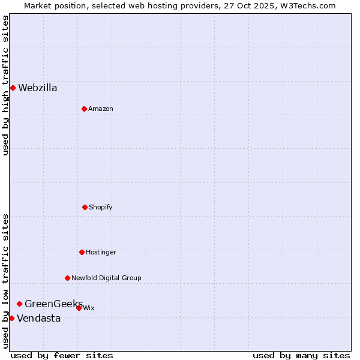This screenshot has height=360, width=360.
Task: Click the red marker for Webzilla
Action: point(13,88)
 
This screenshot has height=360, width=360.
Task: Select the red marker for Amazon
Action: point(84,109)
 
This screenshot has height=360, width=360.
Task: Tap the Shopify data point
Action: point(85,207)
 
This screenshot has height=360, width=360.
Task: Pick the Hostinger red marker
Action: point(82,252)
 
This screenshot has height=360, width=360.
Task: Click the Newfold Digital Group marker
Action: point(67,278)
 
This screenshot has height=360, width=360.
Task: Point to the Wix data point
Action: point(79,308)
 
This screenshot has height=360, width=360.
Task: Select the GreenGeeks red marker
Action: point(19,304)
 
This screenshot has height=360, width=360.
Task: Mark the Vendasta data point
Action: point(11,318)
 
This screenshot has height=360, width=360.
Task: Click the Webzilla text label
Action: point(38,88)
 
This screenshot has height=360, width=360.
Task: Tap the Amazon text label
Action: point(101,109)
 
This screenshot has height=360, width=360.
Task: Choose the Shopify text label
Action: point(101,208)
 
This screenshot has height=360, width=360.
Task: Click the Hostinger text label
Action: point(101,253)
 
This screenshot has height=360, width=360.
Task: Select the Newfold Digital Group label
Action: point(107,278)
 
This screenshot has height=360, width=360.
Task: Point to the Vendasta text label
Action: point(39,319)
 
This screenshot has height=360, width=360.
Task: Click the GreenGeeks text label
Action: point(53,304)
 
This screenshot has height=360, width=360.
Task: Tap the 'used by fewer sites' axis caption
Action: point(62,355)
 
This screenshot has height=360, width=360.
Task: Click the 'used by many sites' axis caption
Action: point(301,355)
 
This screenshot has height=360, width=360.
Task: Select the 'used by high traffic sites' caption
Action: point(5,85)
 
